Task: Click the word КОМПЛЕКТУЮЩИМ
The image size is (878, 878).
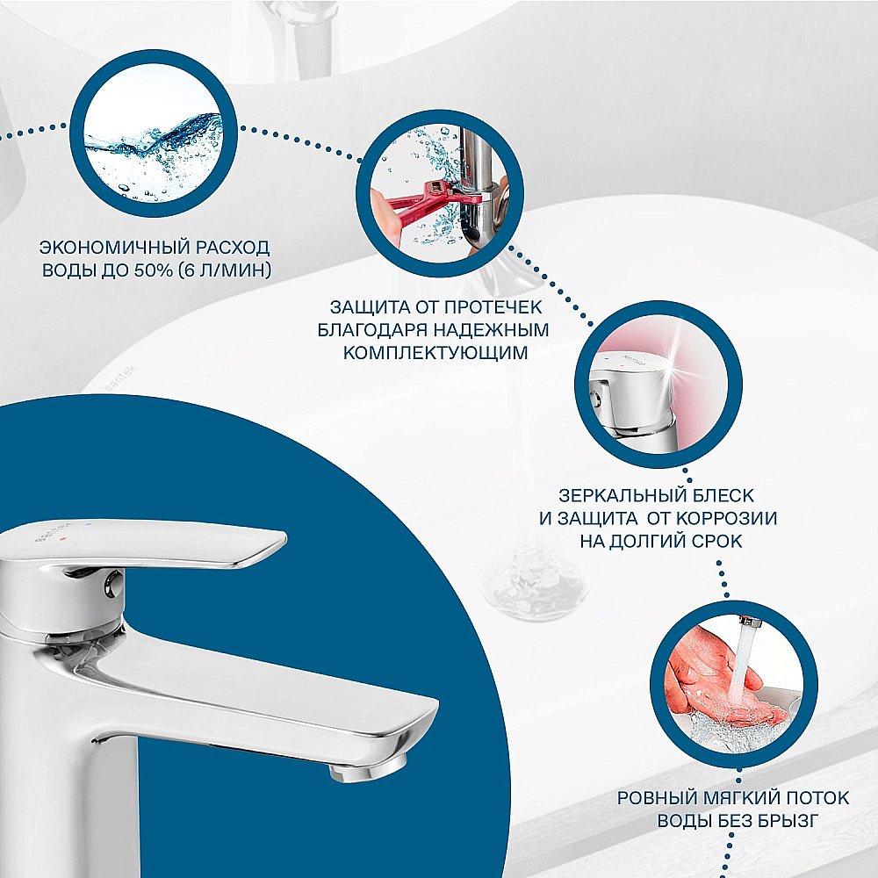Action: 435,353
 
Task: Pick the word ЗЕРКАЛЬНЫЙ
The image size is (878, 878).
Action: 612,497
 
